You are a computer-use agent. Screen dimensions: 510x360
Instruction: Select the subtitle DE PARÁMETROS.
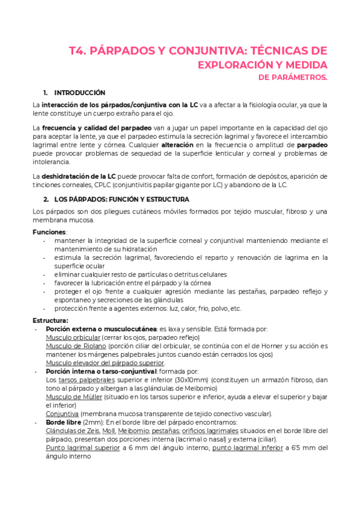(292, 78)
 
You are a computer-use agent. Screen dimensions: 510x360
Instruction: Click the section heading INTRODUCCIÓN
(79, 93)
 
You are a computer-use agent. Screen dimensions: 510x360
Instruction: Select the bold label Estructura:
(50, 320)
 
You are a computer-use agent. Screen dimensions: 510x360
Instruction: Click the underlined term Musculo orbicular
(72, 337)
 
